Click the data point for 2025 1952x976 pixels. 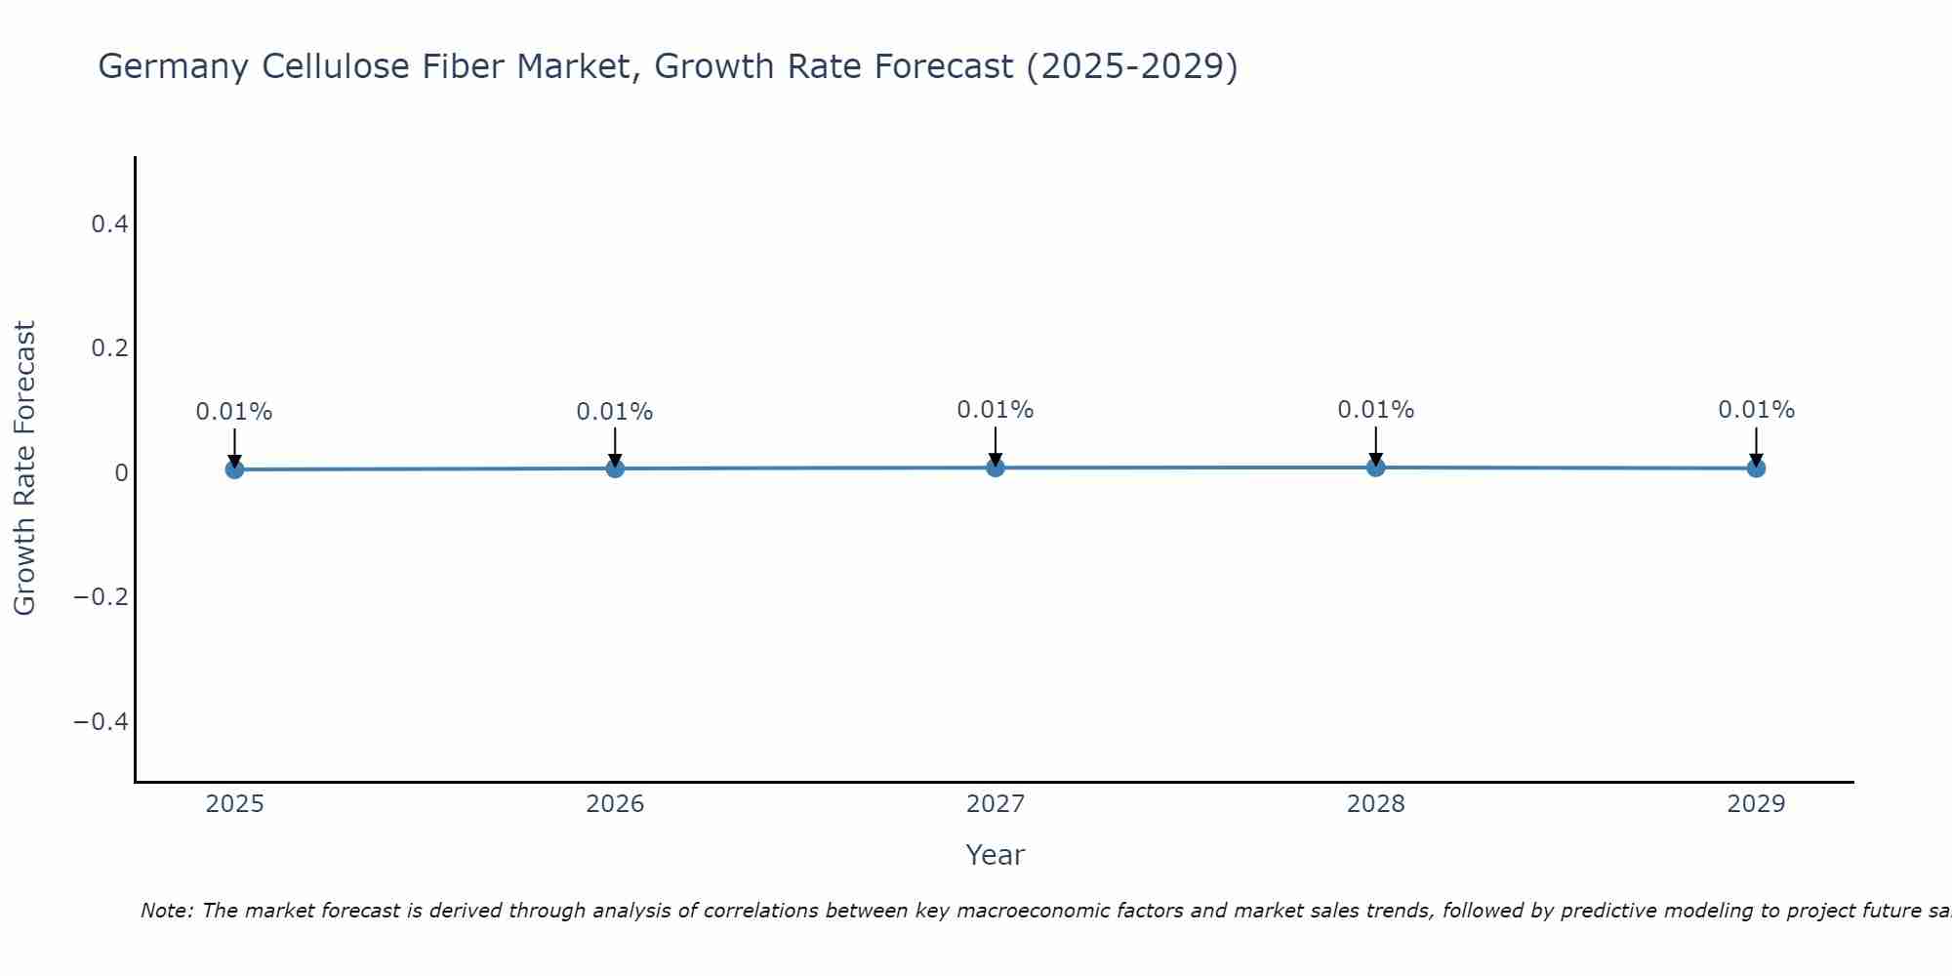tap(234, 469)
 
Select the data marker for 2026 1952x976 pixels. tap(615, 468)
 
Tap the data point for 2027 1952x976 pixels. tap(996, 468)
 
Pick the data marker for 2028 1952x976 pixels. tap(1376, 468)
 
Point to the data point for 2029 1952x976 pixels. tap(1756, 468)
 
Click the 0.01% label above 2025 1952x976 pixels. tap(234, 412)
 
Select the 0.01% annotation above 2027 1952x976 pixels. tap(996, 410)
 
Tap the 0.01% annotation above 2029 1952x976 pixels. tap(1756, 410)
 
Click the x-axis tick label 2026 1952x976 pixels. tap(615, 804)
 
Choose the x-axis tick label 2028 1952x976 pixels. tap(1376, 804)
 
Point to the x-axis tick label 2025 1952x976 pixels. tap(234, 804)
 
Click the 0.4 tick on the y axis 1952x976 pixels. tap(109, 224)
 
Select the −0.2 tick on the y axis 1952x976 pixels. tap(102, 597)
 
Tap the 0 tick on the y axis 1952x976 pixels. tap(121, 473)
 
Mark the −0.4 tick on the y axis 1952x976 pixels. tap(102, 721)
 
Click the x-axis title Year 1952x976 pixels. tap(996, 855)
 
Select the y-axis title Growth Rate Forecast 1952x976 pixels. tap(24, 468)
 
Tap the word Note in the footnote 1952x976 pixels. tap(167, 911)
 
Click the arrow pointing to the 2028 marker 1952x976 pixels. tap(1376, 444)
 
